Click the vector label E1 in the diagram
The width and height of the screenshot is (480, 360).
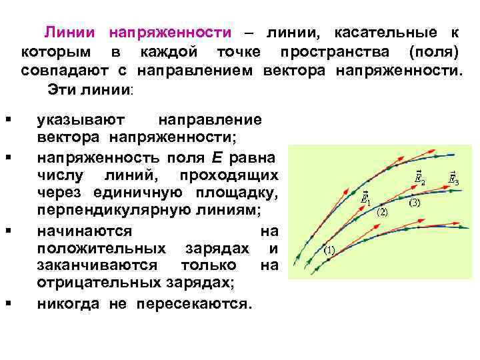(x=366, y=198)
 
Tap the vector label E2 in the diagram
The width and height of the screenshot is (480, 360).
(x=419, y=177)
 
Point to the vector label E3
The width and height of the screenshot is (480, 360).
(x=454, y=178)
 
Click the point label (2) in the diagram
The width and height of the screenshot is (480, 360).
(x=383, y=213)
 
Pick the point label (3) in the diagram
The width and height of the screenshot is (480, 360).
(x=414, y=203)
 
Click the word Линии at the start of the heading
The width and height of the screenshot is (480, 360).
(x=70, y=33)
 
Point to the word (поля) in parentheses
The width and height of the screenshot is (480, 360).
(x=433, y=51)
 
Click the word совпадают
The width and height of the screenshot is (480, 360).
(x=55, y=70)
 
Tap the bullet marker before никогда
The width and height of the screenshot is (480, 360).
(x=7, y=304)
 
